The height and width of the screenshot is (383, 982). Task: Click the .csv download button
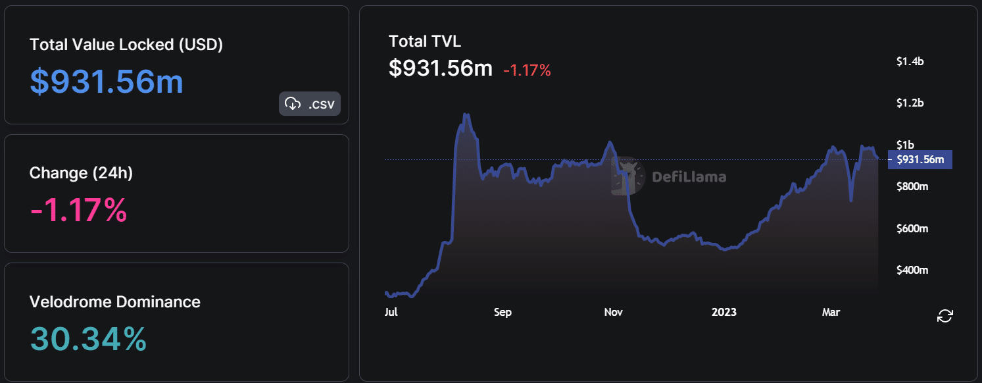coord(310,103)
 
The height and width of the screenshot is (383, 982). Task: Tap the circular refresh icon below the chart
coord(945,315)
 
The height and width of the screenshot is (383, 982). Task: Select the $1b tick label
coord(905,145)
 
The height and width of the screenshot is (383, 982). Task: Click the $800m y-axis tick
coord(912,187)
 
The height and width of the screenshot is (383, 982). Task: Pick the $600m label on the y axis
coord(912,228)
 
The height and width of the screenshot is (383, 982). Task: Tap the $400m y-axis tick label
coord(912,270)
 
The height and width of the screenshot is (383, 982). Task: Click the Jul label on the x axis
coord(391,312)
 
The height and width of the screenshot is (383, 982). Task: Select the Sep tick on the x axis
coord(503,312)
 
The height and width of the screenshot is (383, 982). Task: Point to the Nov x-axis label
coord(614,312)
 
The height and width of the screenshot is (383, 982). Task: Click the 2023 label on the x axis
coord(724,312)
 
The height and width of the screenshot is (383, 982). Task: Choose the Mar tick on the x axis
coord(831,312)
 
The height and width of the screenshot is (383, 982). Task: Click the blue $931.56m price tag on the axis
coord(920,159)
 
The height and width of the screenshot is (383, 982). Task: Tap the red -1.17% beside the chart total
coord(527,70)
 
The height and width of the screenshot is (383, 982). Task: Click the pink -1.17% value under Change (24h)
coord(78,211)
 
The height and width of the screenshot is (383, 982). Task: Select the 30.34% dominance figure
coord(88,339)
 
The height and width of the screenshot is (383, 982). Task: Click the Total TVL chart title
coord(425,41)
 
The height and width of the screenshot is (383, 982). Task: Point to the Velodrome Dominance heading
coord(115,302)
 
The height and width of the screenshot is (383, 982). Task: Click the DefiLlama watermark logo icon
coord(628,176)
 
